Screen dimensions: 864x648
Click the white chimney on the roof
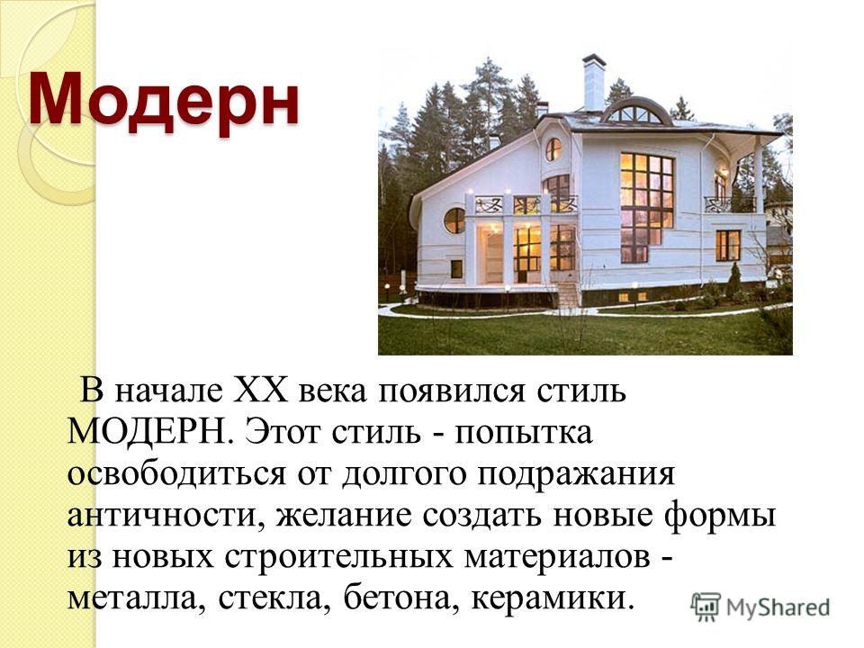(x=593, y=83)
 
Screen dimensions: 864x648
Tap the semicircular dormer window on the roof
(x=635, y=112)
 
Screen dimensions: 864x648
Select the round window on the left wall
(x=454, y=220)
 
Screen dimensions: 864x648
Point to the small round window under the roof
(x=553, y=149)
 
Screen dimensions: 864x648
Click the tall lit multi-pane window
(x=646, y=207)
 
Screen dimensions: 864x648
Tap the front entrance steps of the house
(x=569, y=295)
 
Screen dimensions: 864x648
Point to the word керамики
(x=549, y=598)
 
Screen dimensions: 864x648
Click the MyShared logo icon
(x=706, y=607)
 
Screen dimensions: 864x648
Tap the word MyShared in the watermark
(x=778, y=607)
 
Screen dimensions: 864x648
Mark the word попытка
(x=524, y=433)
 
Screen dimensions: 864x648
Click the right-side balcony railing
(x=730, y=204)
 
